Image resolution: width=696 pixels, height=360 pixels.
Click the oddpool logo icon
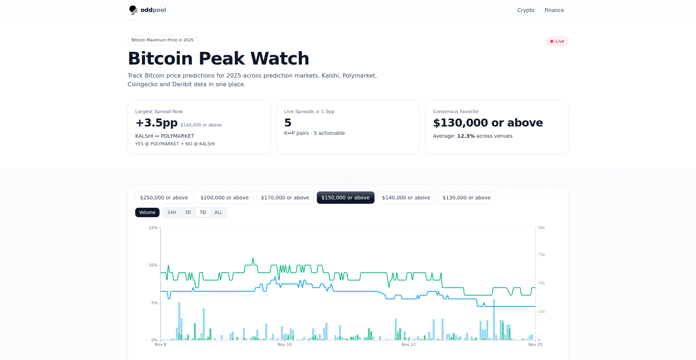click(133, 10)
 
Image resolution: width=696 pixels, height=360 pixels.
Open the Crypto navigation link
click(526, 10)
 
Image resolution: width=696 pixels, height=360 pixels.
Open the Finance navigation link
click(554, 10)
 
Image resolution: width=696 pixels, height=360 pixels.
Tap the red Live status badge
click(557, 41)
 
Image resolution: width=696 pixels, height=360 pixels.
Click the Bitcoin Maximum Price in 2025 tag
click(162, 40)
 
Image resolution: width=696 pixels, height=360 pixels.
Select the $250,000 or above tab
click(164, 198)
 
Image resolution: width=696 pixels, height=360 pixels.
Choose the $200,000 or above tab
click(224, 198)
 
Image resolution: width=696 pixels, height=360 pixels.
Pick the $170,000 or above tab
click(285, 198)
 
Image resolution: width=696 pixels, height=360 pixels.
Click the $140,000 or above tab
click(406, 198)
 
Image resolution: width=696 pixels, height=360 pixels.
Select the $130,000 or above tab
click(467, 198)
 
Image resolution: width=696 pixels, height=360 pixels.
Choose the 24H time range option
click(171, 212)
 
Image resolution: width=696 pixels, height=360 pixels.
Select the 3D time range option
click(188, 212)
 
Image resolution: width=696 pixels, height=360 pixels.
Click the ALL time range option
click(218, 212)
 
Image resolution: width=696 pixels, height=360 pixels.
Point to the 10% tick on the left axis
click(153, 265)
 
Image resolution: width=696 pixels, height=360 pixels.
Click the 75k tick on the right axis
click(542, 255)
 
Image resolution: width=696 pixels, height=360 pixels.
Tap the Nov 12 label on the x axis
click(409, 344)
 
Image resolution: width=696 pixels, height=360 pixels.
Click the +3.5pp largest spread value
click(157, 123)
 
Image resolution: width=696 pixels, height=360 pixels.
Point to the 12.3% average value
click(466, 136)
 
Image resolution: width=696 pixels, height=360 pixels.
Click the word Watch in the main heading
click(280, 58)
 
